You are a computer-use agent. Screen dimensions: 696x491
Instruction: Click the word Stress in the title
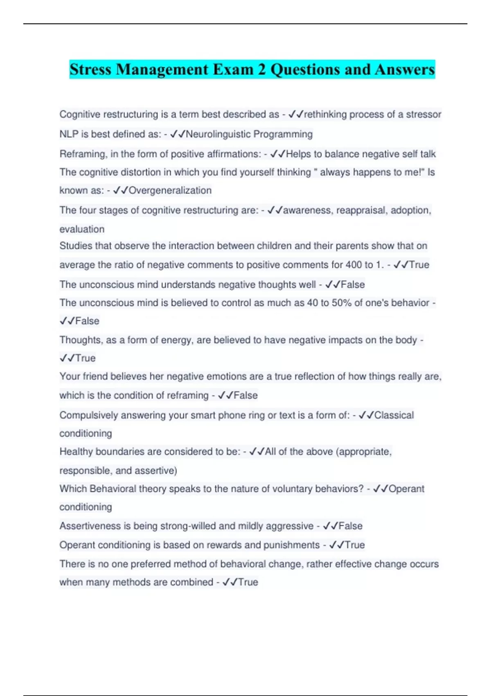(x=90, y=70)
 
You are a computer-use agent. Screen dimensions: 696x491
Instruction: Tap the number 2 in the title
(x=261, y=70)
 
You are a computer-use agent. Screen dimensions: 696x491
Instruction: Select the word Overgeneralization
(x=170, y=190)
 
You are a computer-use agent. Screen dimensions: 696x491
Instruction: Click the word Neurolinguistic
(x=218, y=134)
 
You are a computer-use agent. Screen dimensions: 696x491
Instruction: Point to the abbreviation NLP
(x=69, y=134)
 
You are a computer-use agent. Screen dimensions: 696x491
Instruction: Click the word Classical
(x=394, y=415)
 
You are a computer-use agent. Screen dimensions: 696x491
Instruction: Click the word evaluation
(x=82, y=229)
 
